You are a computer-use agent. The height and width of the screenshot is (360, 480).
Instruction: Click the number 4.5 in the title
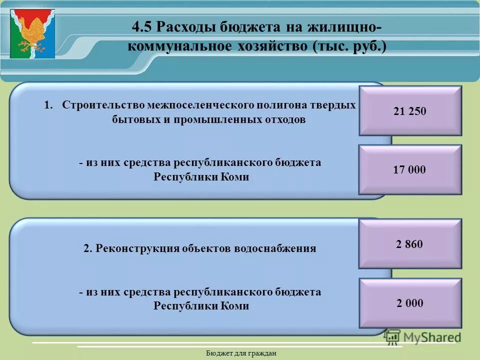(143, 26)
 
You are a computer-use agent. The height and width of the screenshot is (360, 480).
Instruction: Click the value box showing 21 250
(410, 111)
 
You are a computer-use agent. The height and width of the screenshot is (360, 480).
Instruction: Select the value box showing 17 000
(410, 170)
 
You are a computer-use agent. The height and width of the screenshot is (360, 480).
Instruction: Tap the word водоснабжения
(274, 248)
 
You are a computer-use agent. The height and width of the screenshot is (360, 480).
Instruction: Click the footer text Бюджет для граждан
(241, 353)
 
